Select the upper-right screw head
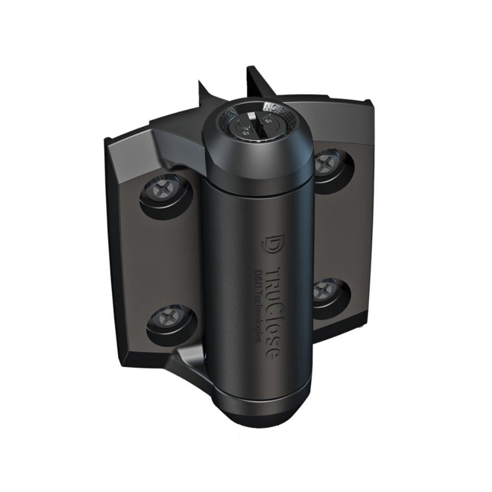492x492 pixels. (x=326, y=162)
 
